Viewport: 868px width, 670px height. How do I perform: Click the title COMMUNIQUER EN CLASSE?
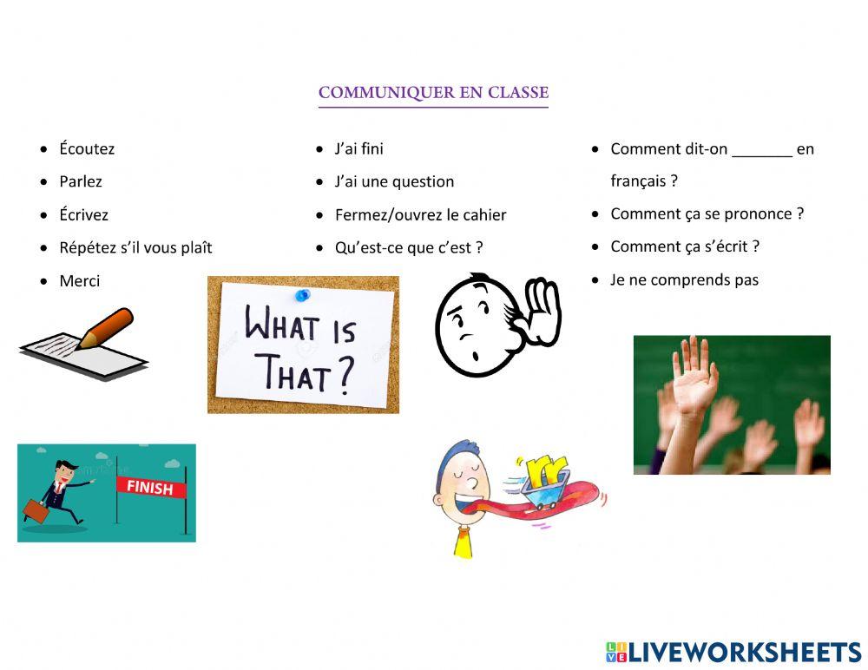[x=433, y=92]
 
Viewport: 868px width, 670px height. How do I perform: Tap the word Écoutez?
[x=87, y=148]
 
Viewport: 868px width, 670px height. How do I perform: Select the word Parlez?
[x=81, y=181]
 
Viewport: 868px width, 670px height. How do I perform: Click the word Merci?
[x=80, y=280]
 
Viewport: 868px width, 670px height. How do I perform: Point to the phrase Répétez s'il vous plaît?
[x=135, y=247]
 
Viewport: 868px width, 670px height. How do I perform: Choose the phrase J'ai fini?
[x=359, y=148]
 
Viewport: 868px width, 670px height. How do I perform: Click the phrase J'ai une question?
[x=394, y=181]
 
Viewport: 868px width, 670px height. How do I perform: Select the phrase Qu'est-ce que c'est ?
[x=409, y=247]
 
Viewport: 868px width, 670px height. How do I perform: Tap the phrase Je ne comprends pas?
[x=684, y=279]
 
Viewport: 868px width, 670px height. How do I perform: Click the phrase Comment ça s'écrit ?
[x=685, y=246]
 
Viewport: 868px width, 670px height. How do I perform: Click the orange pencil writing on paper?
[x=104, y=328]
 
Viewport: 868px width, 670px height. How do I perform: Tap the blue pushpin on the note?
[x=302, y=294]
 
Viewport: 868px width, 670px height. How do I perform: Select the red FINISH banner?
[x=149, y=487]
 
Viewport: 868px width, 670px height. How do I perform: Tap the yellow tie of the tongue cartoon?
[x=462, y=543]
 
